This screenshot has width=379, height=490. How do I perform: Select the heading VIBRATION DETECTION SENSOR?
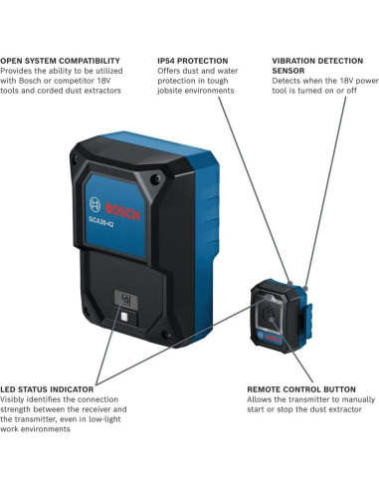click(319, 65)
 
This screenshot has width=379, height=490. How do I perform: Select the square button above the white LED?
click(125, 297)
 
